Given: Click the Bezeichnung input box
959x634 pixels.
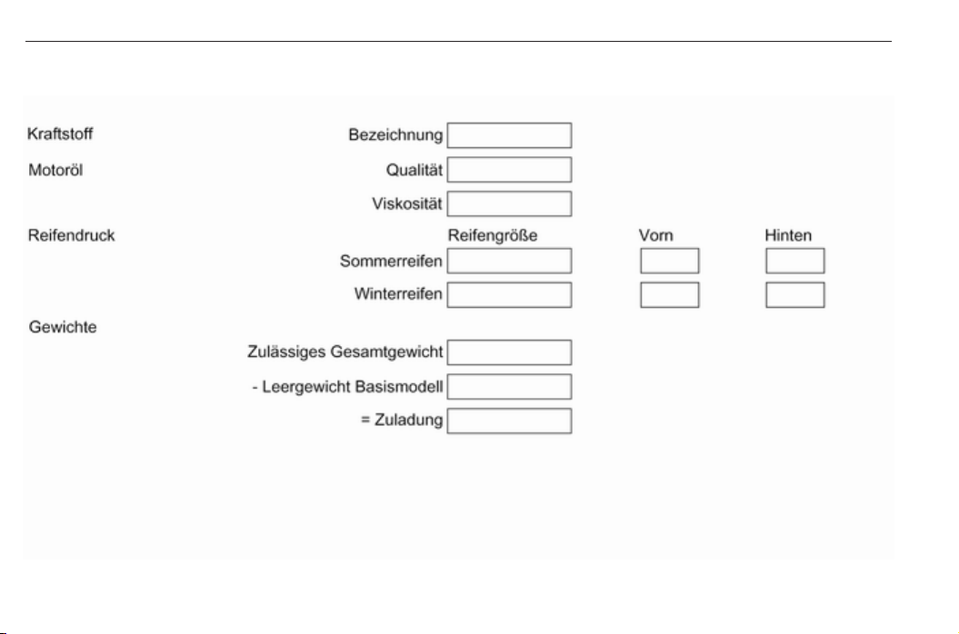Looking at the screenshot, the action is pos(509,135).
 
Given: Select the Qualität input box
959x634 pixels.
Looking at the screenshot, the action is pos(509,169).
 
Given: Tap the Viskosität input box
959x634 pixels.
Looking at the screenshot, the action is pos(509,203).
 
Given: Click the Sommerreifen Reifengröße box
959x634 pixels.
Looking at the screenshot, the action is pos(509,261).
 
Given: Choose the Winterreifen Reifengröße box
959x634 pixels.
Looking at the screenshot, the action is pos(509,294).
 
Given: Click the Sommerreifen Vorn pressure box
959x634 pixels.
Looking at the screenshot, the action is pos(670,261).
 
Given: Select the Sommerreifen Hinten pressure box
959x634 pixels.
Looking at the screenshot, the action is pos(795,261).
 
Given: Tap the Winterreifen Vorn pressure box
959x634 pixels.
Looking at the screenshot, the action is pos(670,294).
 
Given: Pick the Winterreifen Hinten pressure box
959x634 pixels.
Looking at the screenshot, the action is pos(795,294).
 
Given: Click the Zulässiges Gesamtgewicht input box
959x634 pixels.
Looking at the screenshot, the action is pos(509,352).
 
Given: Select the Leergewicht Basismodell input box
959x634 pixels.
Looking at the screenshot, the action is pos(509,386).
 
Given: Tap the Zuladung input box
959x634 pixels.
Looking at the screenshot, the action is pos(509,421).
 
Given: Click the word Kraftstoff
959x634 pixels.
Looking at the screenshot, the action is pos(60,134).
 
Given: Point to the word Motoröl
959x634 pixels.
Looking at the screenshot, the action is pos(55,170).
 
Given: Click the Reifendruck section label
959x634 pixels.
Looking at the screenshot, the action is pos(72,235).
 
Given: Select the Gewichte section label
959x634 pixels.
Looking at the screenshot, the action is pos(63,327).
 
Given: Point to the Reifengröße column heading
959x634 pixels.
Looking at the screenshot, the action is pos(493,236).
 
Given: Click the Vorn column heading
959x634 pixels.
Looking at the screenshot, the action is pos(656,236).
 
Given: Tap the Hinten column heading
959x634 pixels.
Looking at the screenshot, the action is pos(788,236).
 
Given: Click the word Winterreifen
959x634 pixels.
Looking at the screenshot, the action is pos(398,294).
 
